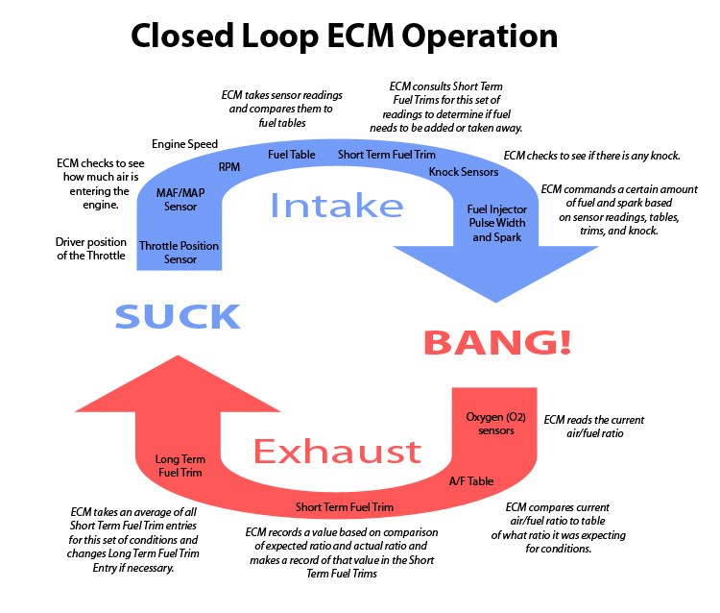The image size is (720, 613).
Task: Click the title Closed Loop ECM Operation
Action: point(344,36)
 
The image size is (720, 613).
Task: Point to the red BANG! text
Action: point(497,341)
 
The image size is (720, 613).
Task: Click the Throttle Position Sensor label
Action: point(180,253)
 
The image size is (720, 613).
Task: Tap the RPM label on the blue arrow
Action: point(229,166)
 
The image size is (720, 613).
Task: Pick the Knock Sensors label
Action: point(464,172)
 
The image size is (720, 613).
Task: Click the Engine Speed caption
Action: point(184,144)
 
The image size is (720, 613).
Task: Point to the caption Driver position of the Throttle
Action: point(90,250)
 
